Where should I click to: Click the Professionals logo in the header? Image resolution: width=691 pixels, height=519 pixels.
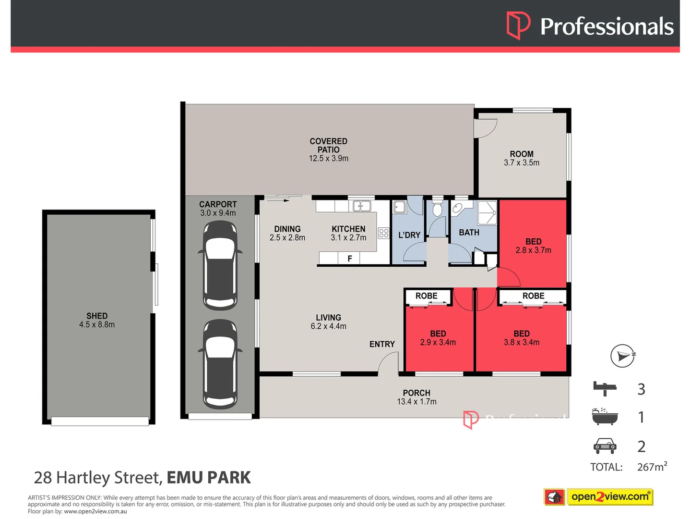pos(590,26)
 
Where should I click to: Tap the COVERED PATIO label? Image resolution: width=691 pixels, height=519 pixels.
pos(329,145)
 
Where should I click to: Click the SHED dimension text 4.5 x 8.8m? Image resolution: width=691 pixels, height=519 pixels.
pos(97,325)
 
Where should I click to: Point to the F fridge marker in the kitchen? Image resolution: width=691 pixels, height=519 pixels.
pos(350,259)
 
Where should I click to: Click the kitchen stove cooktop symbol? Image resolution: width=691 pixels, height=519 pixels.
pos(383,234)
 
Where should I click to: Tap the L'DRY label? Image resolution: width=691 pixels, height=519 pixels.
pos(409,235)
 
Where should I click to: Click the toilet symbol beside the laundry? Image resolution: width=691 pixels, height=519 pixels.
pos(437,209)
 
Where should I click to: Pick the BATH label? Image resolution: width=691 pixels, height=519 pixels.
pos(469,233)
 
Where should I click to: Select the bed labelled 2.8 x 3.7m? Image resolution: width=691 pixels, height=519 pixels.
pos(533,246)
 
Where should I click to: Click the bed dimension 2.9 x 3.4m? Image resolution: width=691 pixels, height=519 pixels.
pos(438,343)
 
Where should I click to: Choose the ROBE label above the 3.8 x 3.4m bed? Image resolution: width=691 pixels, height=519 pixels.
pos(533,296)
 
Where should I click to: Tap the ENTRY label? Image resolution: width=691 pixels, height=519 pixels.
pos(382,344)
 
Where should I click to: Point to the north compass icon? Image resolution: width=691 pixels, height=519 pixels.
pos(622,356)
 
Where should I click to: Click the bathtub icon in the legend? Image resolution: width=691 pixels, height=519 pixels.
pos(605,417)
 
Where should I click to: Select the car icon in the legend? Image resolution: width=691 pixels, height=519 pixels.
pos(605,446)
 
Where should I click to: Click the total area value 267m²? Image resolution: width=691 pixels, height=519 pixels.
pos(652,467)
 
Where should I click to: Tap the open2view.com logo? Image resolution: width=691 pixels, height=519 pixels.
pos(598,497)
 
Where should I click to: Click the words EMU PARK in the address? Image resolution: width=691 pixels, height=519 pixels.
pos(208,478)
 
